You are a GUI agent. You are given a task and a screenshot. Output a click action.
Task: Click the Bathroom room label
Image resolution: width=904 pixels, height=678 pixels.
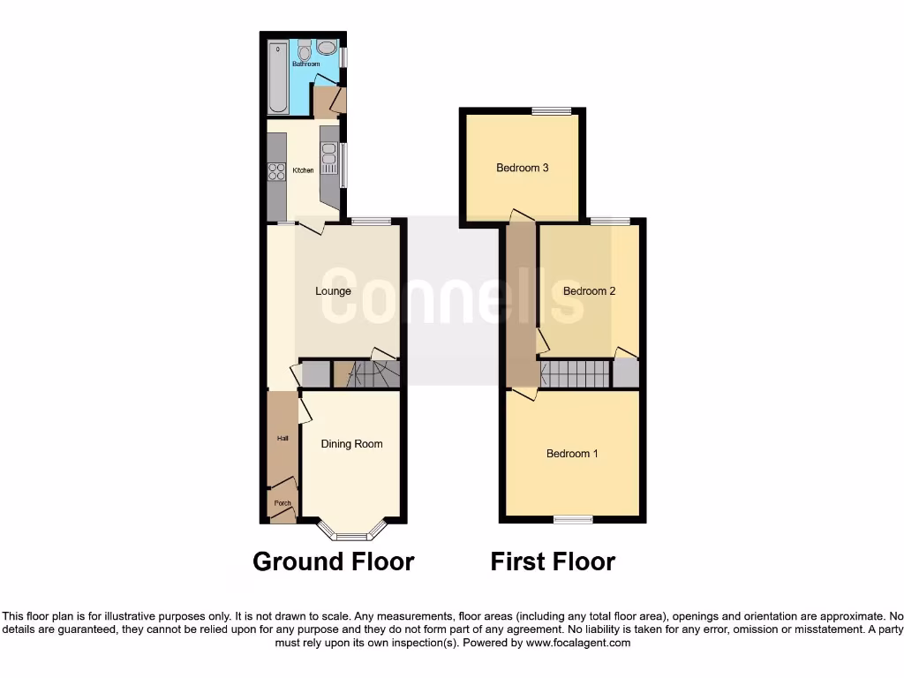coord(305,64)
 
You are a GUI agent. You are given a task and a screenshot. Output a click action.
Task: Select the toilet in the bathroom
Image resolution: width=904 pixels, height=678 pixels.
coord(305,51)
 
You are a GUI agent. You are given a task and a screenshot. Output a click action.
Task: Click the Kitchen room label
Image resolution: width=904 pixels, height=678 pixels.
coord(303,170)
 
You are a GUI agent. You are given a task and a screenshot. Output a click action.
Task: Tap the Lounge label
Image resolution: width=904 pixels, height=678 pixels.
coord(334,291)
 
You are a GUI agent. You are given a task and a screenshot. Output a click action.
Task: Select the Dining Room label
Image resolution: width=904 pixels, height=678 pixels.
coord(351,444)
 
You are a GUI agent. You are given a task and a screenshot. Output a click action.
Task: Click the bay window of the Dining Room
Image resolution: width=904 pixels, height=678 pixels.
coord(351,534)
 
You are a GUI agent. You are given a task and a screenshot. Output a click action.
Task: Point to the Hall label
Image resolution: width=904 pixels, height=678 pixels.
coord(283,439)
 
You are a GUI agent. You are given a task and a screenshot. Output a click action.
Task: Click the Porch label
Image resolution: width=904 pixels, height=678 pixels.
coord(282,503)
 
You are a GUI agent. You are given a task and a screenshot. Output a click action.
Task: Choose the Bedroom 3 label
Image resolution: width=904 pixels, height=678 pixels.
coord(523,168)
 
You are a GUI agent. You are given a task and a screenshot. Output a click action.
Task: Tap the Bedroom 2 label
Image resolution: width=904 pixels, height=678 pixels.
coord(589,291)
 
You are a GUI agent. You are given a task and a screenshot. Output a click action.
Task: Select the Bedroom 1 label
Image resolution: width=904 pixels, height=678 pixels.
coord(572,454)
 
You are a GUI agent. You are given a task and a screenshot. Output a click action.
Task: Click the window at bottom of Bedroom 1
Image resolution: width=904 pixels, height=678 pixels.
coord(573,520)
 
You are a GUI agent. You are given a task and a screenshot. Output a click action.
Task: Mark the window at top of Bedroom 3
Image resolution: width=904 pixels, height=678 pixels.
coord(552,110)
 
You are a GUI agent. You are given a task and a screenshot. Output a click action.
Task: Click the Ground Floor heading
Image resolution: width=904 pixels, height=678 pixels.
coord(333,561)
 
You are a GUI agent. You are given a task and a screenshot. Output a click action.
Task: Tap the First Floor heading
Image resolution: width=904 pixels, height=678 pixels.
coord(553,561)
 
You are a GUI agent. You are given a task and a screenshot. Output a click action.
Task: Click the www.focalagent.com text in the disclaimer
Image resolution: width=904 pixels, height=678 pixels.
coord(577,644)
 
